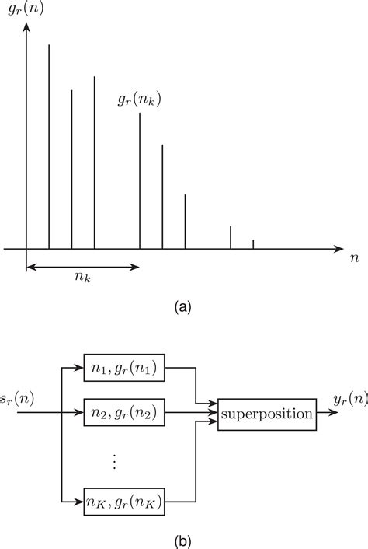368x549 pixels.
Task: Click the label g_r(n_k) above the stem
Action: (139, 99)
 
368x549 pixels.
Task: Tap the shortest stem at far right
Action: (253, 244)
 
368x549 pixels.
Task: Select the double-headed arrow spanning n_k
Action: (83, 268)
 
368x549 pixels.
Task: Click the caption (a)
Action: (183, 307)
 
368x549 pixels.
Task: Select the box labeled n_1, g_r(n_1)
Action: (125, 370)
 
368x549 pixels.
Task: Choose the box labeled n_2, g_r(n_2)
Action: (125, 413)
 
